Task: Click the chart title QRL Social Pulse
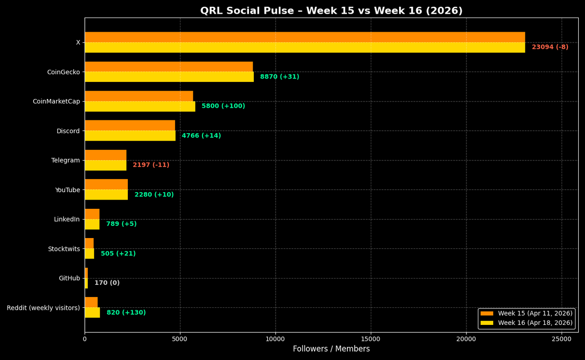(x=331, y=11)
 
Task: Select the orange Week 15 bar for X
(x=304, y=37)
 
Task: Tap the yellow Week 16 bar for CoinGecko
(x=169, y=77)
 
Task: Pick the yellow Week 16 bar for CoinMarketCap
(x=140, y=106)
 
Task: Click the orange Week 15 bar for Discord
(x=130, y=125)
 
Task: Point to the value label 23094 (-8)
(x=550, y=47)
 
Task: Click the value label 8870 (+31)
(x=280, y=77)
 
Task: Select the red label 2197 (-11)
(x=151, y=165)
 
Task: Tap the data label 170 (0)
(x=107, y=283)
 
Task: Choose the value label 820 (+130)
(x=126, y=313)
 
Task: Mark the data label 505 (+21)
(x=118, y=254)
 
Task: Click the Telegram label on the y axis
(x=65, y=160)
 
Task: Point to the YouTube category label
(x=67, y=190)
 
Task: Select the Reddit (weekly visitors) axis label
(x=43, y=308)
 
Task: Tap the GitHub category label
(x=69, y=279)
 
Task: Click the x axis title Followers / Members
(x=331, y=349)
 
